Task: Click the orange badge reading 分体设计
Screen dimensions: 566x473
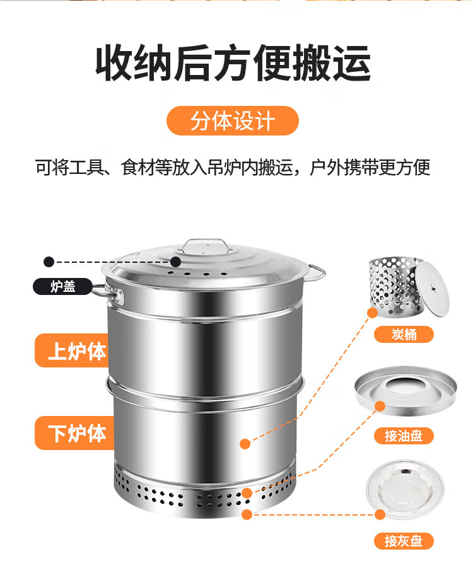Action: (232, 120)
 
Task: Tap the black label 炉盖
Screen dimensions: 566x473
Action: (63, 286)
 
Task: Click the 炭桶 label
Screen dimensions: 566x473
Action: (404, 334)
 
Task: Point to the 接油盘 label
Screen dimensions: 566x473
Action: (404, 436)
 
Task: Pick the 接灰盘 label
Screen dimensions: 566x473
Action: (404, 540)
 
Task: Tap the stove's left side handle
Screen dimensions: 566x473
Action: (105, 291)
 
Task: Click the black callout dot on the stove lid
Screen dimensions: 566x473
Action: (175, 261)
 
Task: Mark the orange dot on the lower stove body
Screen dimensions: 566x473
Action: (245, 444)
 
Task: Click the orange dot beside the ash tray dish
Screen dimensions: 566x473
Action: (380, 514)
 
